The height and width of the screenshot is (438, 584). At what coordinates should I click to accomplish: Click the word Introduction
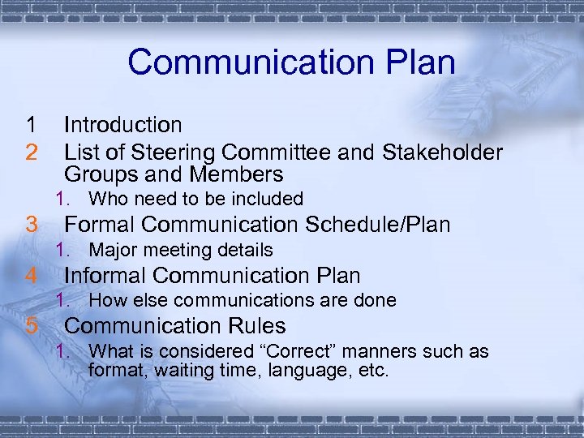tap(123, 125)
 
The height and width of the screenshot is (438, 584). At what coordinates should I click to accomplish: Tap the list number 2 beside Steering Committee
tap(31, 152)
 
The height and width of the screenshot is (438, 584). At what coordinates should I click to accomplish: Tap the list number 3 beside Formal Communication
tap(31, 225)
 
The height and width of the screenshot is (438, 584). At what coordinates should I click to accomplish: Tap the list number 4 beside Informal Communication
tap(31, 276)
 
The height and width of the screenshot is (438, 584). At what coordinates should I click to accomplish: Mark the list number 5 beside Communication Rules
tap(31, 326)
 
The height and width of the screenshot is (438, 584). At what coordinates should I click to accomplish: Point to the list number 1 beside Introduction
tap(31, 125)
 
